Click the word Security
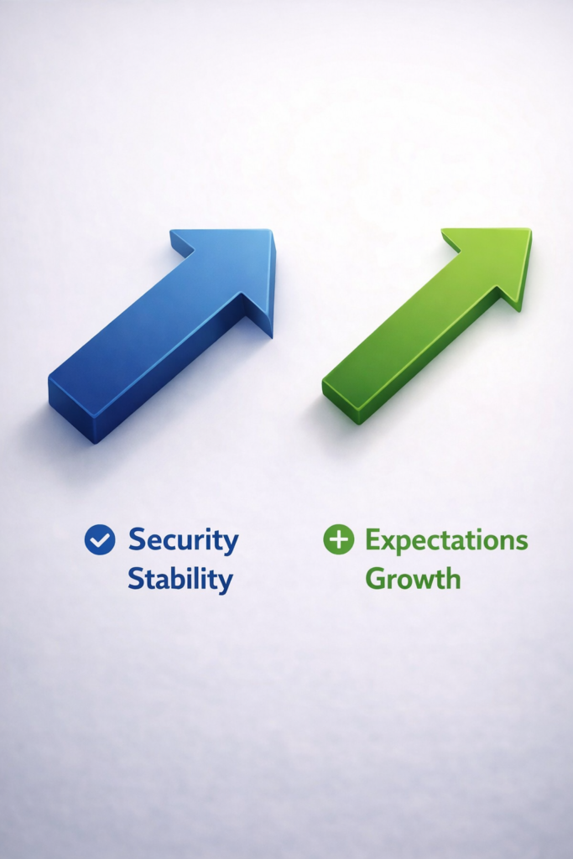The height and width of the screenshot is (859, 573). pyautogui.click(x=184, y=541)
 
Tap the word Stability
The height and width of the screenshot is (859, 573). pyautogui.click(x=180, y=580)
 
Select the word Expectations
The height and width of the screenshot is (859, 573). pyautogui.click(x=446, y=541)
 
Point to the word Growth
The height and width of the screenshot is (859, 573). pyautogui.click(x=413, y=579)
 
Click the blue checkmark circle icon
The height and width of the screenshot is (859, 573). pyautogui.click(x=100, y=539)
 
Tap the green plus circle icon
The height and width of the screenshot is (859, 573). pyautogui.click(x=339, y=539)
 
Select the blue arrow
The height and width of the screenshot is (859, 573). pyautogui.click(x=162, y=336)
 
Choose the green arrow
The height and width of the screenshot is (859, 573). pyautogui.click(x=427, y=325)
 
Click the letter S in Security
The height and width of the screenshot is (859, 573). pyautogui.click(x=138, y=539)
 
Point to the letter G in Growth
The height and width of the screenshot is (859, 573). pyautogui.click(x=376, y=579)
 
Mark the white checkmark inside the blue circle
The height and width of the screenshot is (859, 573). pyautogui.click(x=100, y=540)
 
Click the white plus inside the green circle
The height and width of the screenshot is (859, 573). pyautogui.click(x=339, y=539)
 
